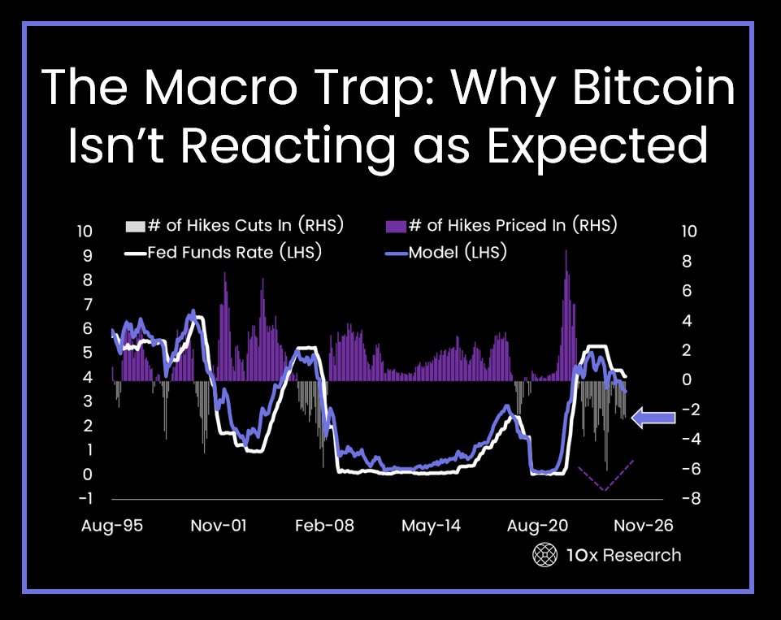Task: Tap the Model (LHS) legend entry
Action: tap(445, 253)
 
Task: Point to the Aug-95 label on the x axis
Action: tap(112, 526)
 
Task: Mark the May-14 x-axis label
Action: tap(431, 526)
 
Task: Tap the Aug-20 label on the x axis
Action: tap(538, 526)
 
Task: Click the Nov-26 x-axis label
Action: tap(643, 526)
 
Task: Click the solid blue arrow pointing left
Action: tap(653, 418)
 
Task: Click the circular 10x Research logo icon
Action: tap(543, 555)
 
